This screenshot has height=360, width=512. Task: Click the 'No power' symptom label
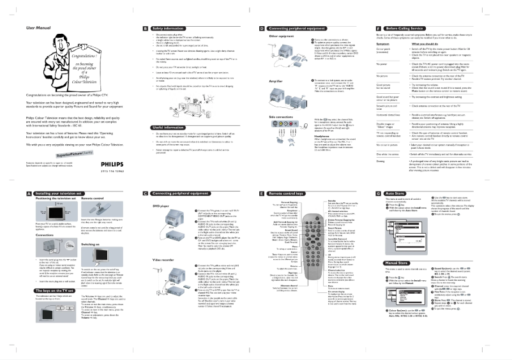click(382, 64)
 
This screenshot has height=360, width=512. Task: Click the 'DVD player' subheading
click(162, 206)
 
